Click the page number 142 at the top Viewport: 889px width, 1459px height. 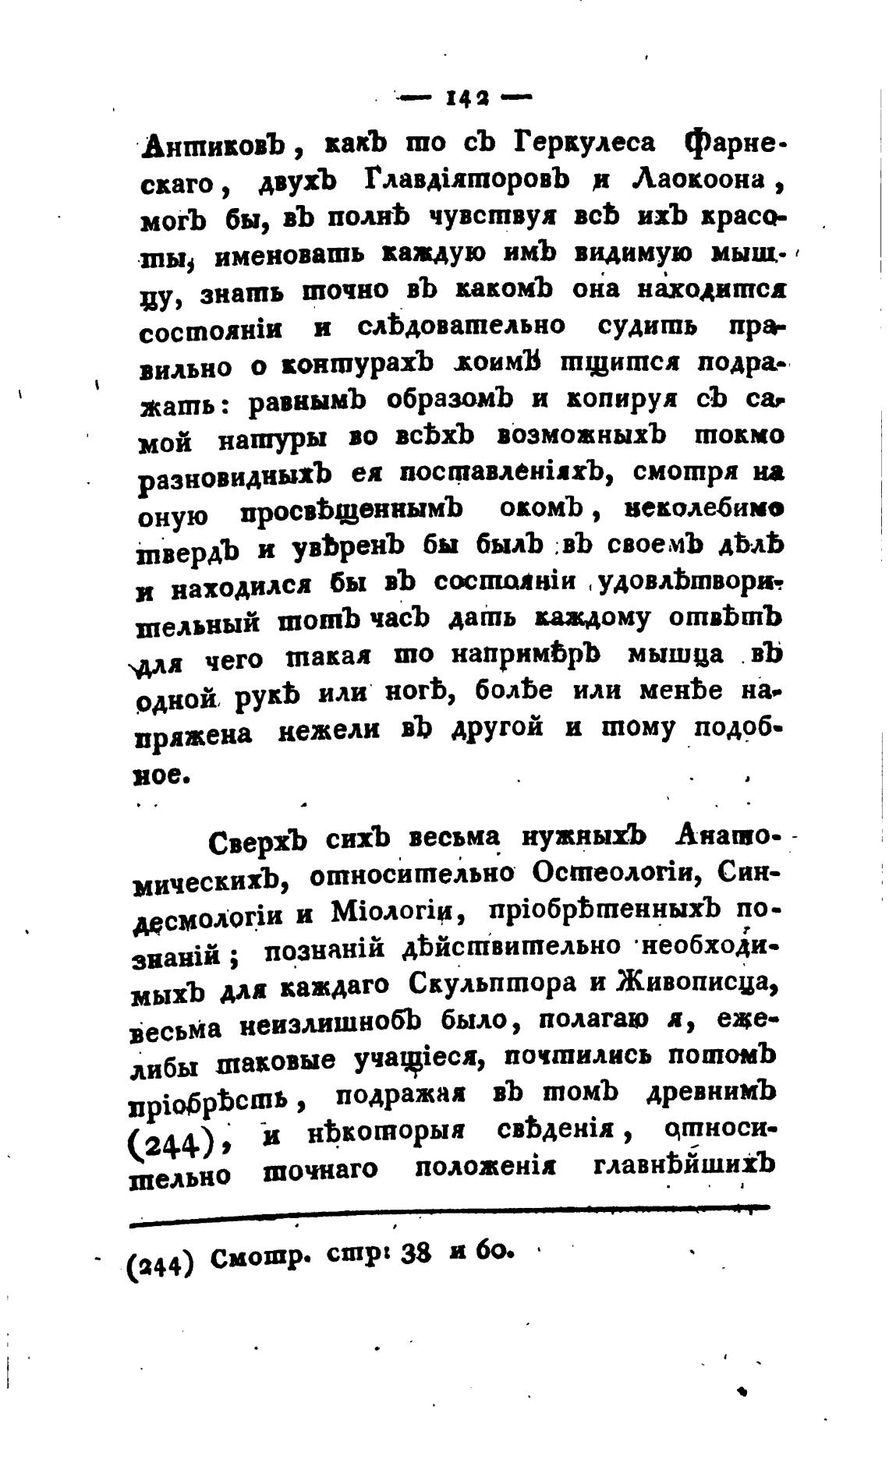[x=466, y=99]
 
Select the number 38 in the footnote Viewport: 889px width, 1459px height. [x=417, y=1256]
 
